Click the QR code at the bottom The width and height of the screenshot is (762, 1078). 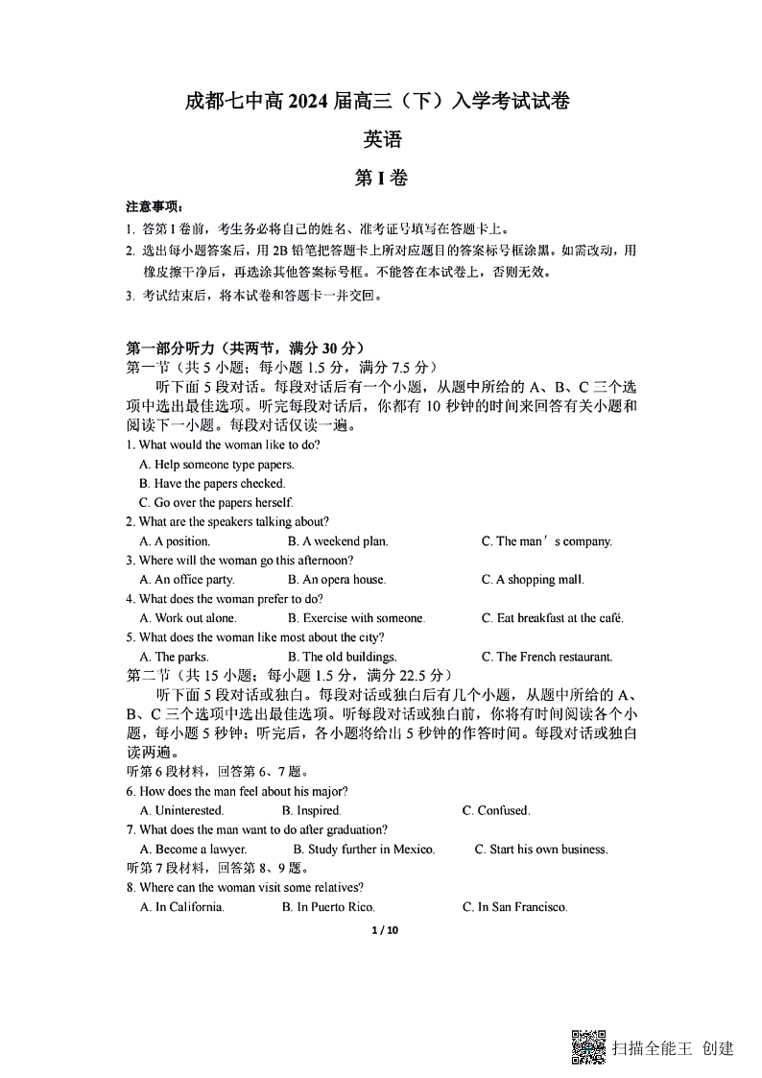[x=588, y=1046]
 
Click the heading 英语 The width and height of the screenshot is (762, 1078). [x=382, y=139]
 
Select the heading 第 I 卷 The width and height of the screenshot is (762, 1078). [x=381, y=178]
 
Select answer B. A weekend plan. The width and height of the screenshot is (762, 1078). [x=338, y=541]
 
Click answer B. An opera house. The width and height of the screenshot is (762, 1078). [x=336, y=580]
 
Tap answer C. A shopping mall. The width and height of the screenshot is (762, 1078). [x=533, y=580]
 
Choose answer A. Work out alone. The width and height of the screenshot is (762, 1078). [x=188, y=618]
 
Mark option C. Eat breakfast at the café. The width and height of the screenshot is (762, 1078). [x=553, y=618]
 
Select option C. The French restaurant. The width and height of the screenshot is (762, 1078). [x=546, y=657]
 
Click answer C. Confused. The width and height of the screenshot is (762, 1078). [x=496, y=811]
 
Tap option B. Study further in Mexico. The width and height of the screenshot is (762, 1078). [x=364, y=850]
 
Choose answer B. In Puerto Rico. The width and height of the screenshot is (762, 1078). [x=328, y=907]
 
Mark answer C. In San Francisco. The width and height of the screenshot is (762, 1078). [x=515, y=907]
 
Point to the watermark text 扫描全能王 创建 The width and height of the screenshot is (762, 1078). [x=673, y=1048]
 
